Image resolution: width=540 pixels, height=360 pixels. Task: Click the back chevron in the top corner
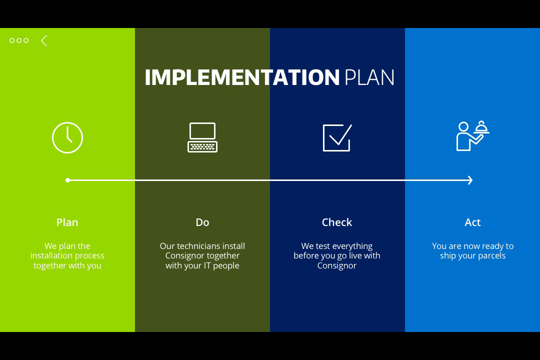click(x=43, y=40)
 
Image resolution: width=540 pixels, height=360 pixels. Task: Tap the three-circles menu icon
click(x=19, y=40)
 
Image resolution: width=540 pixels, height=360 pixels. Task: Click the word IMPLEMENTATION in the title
click(x=242, y=77)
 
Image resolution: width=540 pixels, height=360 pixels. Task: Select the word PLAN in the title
click(x=369, y=77)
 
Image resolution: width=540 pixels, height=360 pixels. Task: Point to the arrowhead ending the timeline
click(x=471, y=180)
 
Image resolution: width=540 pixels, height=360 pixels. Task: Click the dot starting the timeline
click(x=68, y=180)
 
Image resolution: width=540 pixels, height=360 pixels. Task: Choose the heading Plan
click(x=67, y=222)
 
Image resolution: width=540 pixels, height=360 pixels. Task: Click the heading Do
click(x=202, y=222)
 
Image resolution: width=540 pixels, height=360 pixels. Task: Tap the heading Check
click(x=337, y=222)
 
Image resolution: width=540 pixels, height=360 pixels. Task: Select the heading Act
click(x=472, y=222)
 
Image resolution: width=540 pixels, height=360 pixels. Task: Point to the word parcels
click(x=492, y=256)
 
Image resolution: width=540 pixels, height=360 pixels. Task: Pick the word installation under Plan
click(x=51, y=255)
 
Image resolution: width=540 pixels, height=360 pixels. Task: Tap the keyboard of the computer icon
click(x=202, y=147)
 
